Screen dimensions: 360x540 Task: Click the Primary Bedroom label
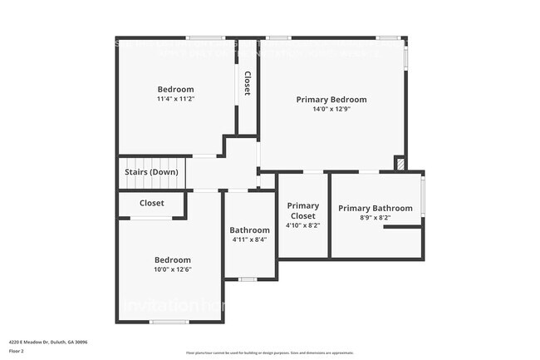pos(331,100)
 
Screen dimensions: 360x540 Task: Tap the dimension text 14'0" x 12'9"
pos(331,109)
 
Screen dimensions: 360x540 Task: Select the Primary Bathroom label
pos(375,209)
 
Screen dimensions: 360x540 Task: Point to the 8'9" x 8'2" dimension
pos(375,218)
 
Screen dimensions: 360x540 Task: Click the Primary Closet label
pos(302,211)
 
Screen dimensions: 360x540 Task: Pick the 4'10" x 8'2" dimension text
pos(302,225)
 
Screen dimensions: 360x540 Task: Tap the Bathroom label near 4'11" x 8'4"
pos(249,230)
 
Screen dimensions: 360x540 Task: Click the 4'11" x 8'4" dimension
pos(249,239)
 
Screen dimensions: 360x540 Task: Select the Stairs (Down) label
pos(151,172)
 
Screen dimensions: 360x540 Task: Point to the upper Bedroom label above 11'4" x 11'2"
pos(175,90)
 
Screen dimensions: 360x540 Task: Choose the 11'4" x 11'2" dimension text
pos(175,99)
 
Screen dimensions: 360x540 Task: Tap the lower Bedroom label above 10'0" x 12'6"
pos(172,260)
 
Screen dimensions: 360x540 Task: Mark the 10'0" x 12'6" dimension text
pos(172,269)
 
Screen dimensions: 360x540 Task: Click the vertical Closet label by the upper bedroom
pos(247,83)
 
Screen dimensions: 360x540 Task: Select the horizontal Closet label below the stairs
pos(151,203)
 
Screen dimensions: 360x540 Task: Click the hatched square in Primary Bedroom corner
pos(400,164)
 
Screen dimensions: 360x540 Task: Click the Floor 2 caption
pos(17,351)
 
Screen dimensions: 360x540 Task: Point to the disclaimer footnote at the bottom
pos(269,353)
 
